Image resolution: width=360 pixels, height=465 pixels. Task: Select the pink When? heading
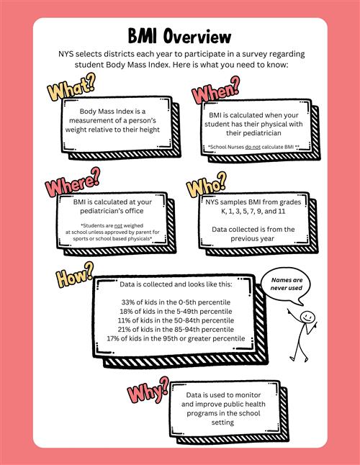[x=216, y=90]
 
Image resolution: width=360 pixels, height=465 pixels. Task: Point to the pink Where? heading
[x=73, y=181]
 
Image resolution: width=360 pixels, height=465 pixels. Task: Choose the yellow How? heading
[x=75, y=275]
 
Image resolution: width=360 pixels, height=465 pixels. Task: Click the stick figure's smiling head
[x=307, y=316]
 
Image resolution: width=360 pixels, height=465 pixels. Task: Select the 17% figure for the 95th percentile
[x=113, y=338]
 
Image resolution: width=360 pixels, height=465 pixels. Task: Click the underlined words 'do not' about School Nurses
[x=253, y=147]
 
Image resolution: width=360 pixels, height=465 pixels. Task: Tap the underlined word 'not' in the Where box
[x=118, y=226]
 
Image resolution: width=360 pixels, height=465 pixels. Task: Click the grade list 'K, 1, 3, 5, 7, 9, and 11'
[x=253, y=211]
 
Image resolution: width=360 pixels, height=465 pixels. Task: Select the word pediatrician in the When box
[x=253, y=133]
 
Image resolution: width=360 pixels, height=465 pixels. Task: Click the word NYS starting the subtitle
[x=66, y=54]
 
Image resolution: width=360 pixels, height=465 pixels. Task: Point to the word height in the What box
[x=150, y=130]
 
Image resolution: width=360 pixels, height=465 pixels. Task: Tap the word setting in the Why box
[x=222, y=423]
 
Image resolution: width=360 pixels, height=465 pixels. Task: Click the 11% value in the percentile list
[x=124, y=320]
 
